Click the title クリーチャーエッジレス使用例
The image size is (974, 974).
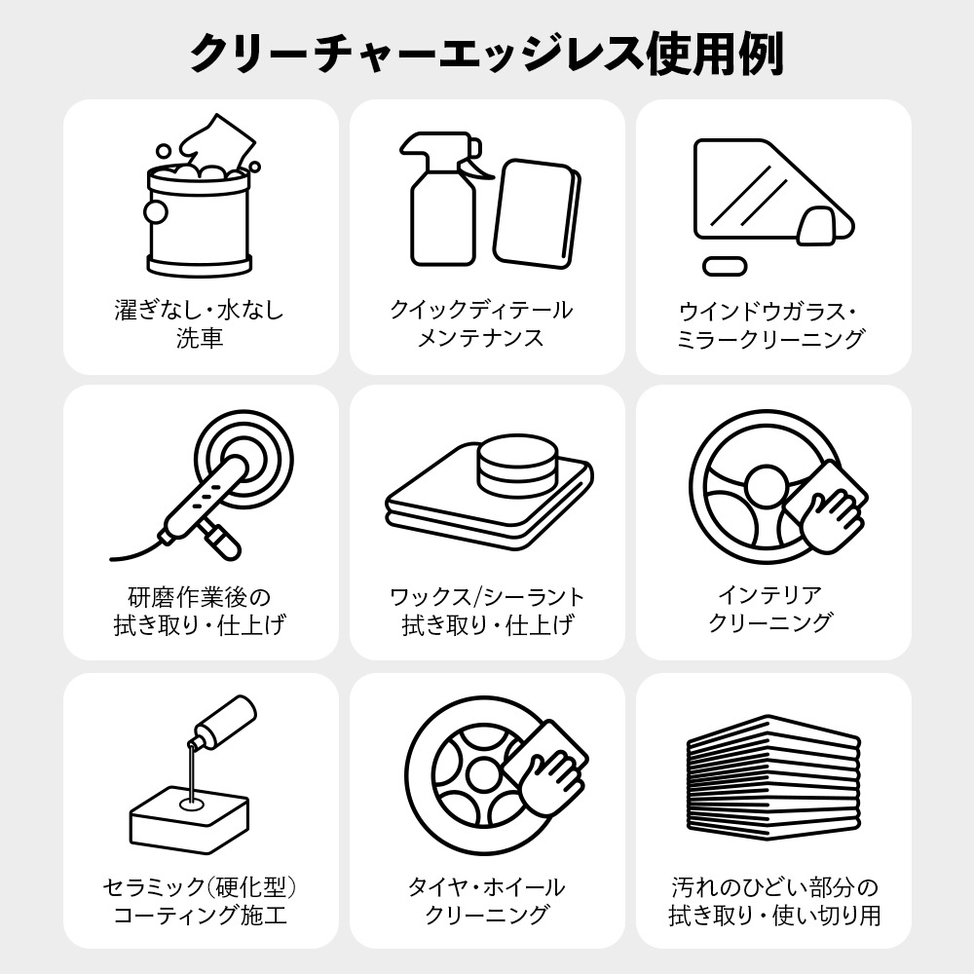486,55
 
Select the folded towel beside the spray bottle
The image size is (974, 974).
538,214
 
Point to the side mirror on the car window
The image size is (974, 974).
816,226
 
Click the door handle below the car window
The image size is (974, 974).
725,266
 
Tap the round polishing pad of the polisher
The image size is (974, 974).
243,460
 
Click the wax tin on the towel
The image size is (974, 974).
517,466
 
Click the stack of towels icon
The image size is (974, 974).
774,777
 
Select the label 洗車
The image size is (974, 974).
200,338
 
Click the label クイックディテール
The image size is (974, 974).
481,310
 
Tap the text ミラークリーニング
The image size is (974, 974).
770,339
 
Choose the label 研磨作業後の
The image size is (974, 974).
200,597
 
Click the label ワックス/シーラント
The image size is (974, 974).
487,597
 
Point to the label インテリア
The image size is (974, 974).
770,594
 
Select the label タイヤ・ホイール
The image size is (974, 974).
486,886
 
